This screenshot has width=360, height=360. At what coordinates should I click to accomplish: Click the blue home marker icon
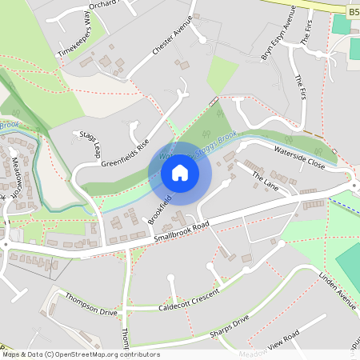[x=180, y=173]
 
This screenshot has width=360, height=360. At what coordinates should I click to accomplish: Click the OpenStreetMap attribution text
[x=81, y=354]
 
